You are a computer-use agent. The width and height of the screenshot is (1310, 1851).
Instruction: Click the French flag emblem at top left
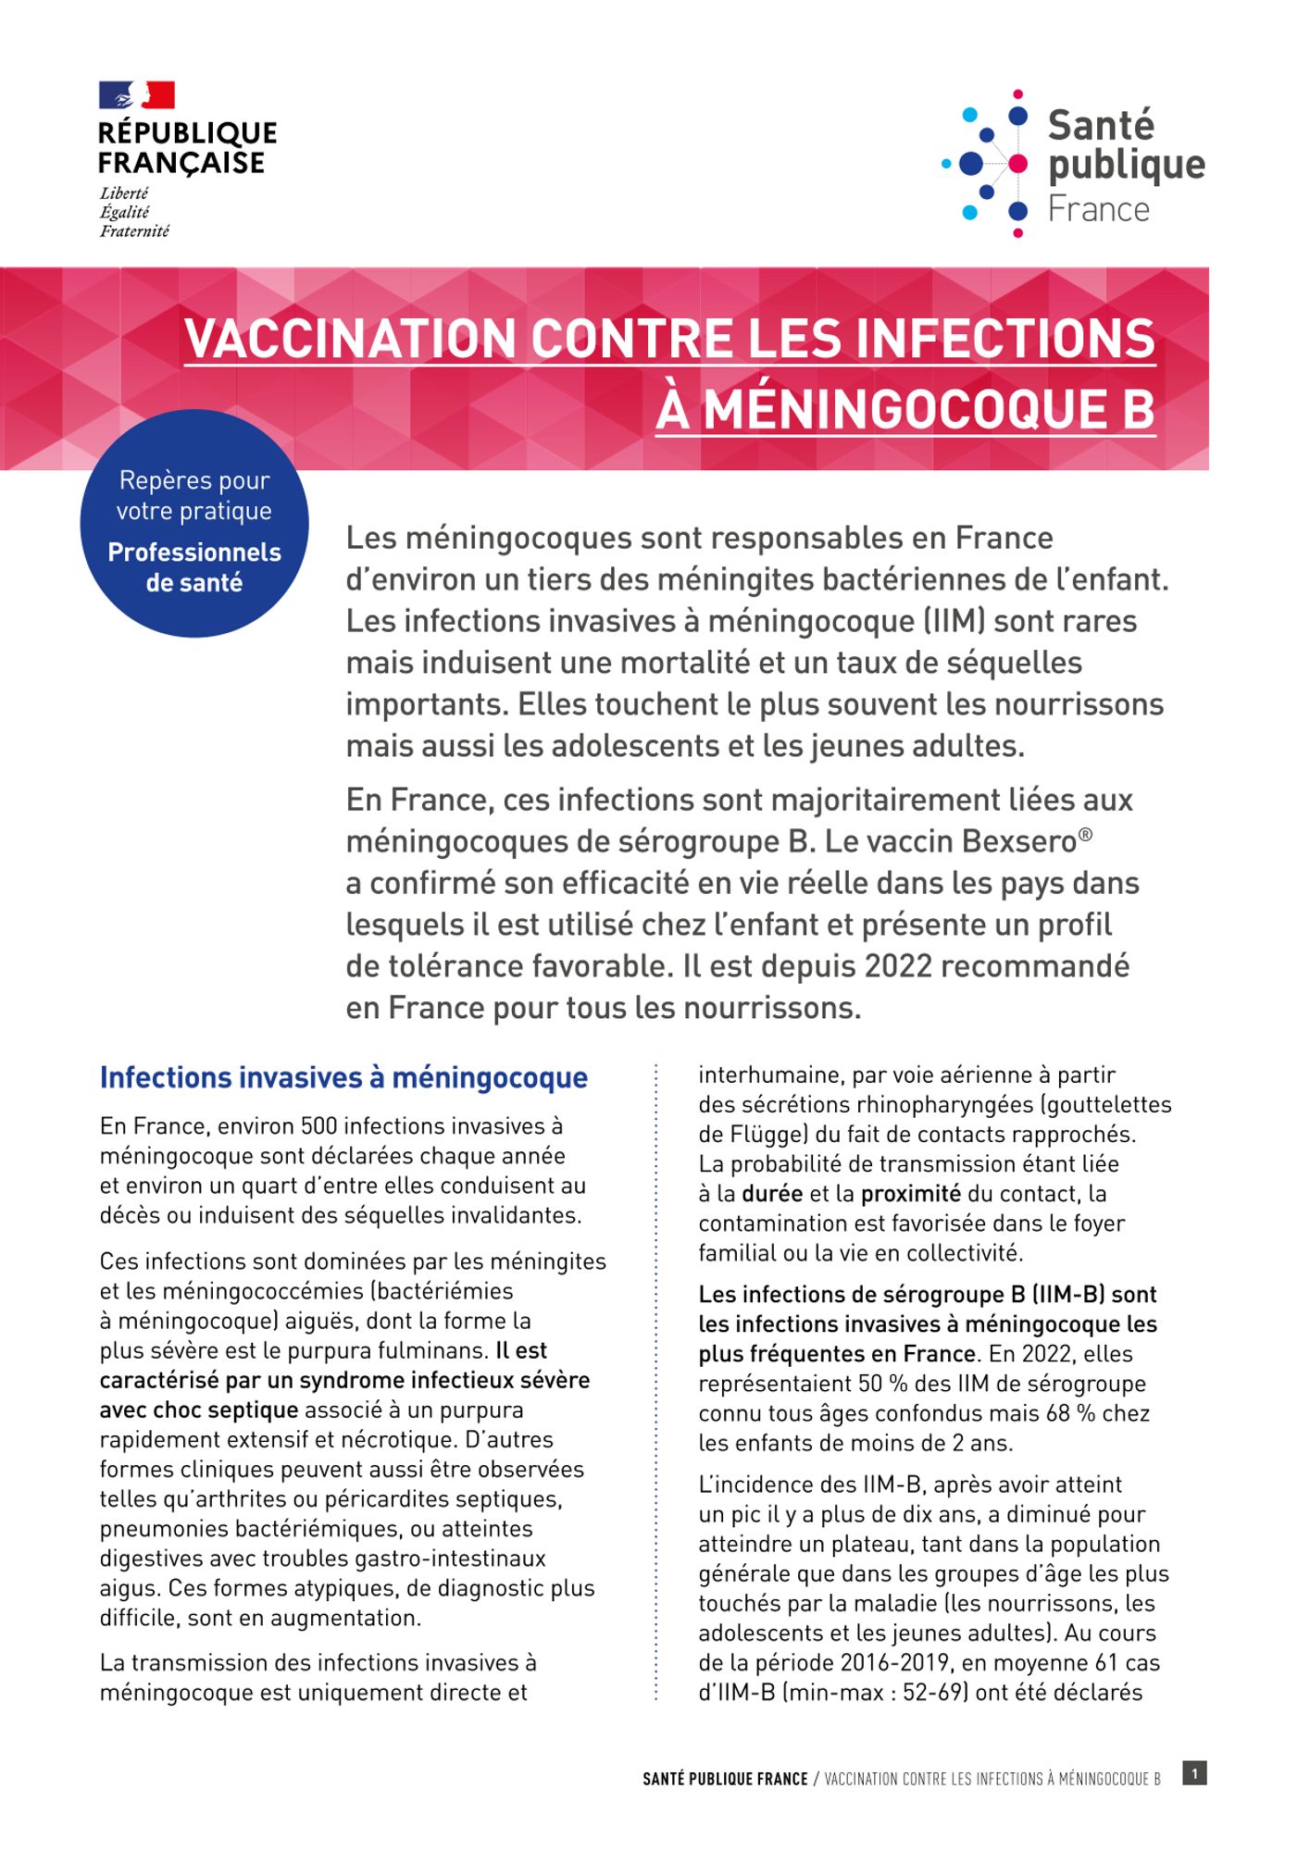click(x=137, y=94)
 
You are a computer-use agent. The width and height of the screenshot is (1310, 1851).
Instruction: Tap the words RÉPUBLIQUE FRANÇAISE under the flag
click(x=188, y=147)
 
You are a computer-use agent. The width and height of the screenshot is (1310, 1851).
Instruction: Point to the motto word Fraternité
click(x=134, y=231)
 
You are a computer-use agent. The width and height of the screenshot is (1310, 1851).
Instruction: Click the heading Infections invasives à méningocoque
click(x=343, y=1078)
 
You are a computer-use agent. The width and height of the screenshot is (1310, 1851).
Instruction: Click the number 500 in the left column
click(x=313, y=1126)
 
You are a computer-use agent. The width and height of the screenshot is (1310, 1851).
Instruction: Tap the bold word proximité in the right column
click(x=910, y=1194)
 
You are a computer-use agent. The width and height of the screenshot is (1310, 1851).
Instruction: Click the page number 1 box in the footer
click(x=1194, y=1773)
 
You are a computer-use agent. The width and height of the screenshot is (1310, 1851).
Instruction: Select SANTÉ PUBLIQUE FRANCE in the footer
click(x=725, y=1779)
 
